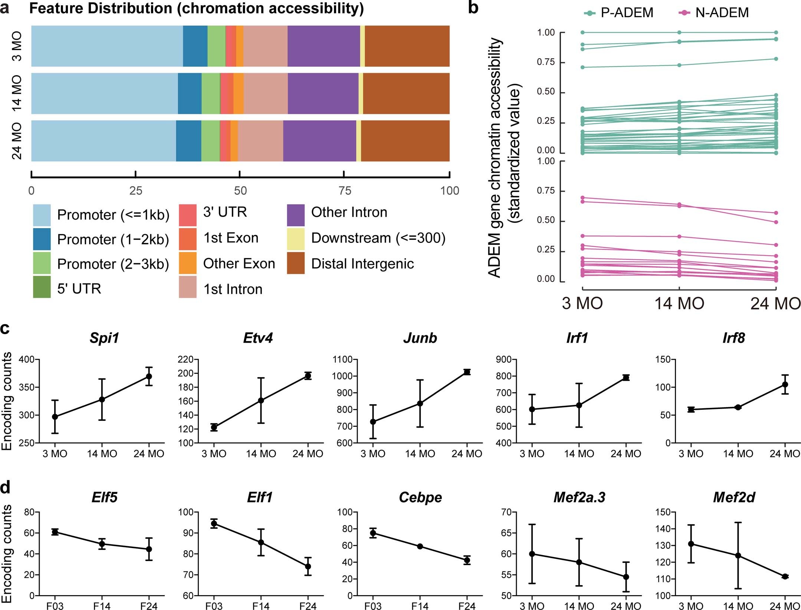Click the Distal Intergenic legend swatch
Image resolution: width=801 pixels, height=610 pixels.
296,263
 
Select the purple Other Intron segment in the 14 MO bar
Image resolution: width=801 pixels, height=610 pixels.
323,93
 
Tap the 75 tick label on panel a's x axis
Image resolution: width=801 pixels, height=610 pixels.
344,191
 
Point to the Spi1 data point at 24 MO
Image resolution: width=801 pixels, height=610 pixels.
149,376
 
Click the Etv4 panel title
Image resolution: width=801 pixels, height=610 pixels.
258,338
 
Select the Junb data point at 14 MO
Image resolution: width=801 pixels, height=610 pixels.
420,403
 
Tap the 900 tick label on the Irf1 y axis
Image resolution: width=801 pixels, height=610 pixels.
504,359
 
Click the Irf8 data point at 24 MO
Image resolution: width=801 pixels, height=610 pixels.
785,385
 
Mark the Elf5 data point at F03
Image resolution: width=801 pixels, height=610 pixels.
55,532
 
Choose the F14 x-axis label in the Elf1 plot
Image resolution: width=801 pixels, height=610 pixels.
261,606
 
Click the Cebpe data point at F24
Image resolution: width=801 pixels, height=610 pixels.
467,560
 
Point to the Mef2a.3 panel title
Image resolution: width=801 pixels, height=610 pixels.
579,497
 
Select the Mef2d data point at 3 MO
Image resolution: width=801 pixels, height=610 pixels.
691,544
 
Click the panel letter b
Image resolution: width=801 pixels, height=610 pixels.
473,7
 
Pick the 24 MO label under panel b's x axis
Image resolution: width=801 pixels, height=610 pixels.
775,304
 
